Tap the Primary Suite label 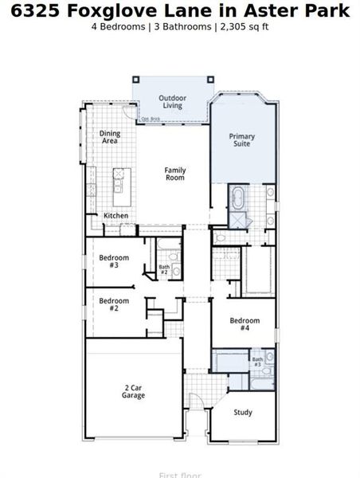(242, 140)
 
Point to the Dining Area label (109, 136)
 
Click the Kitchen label (115, 216)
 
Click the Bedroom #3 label (109, 261)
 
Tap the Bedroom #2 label (109, 304)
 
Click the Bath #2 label (164, 270)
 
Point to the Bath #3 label (258, 362)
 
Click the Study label (243, 412)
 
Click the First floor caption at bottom (179, 475)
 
